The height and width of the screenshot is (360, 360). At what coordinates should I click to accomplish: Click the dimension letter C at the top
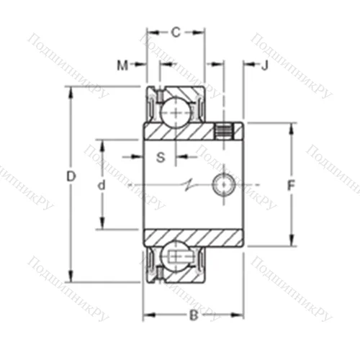pos(175,32)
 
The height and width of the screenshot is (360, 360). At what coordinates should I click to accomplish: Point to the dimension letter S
pos(161,156)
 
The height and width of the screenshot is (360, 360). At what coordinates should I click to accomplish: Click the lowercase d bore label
pos(102,185)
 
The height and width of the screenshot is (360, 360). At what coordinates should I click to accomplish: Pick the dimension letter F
pos(291,185)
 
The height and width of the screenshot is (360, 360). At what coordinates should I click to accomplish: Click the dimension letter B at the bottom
pos(192,314)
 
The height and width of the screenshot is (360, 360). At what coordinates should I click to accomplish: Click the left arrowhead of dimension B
pos(147,314)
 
